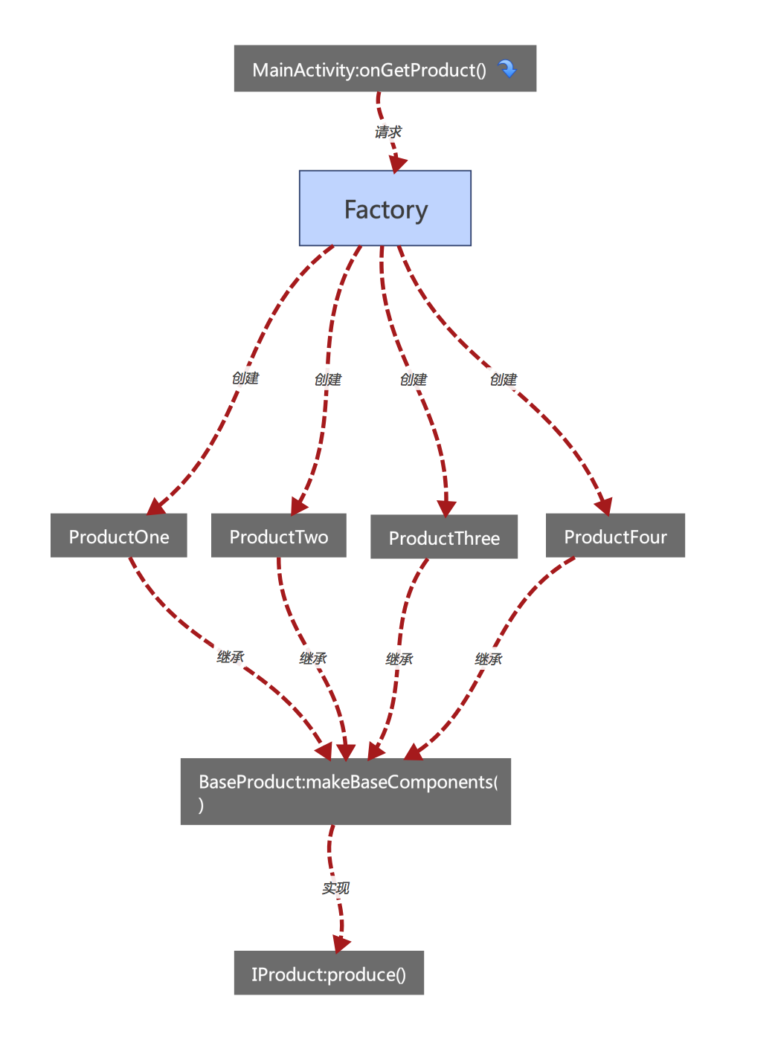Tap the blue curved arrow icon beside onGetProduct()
coord(507,69)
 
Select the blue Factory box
coord(385,209)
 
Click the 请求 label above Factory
coord(388,132)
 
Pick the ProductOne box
coord(119,536)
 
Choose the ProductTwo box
coord(278,536)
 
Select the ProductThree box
coord(444,537)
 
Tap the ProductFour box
coord(615,536)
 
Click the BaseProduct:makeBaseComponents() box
coord(346,792)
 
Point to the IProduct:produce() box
coord(329,974)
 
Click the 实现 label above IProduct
coord(335,888)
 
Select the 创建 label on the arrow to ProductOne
coord(245,378)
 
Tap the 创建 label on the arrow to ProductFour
coord(504,380)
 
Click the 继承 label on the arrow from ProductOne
coord(231,657)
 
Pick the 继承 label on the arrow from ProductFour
coord(489,659)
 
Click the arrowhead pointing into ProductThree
coord(446,508)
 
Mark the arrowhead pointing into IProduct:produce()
coord(341,944)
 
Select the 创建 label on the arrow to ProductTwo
coord(328,380)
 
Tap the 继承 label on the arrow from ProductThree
coord(399,659)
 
